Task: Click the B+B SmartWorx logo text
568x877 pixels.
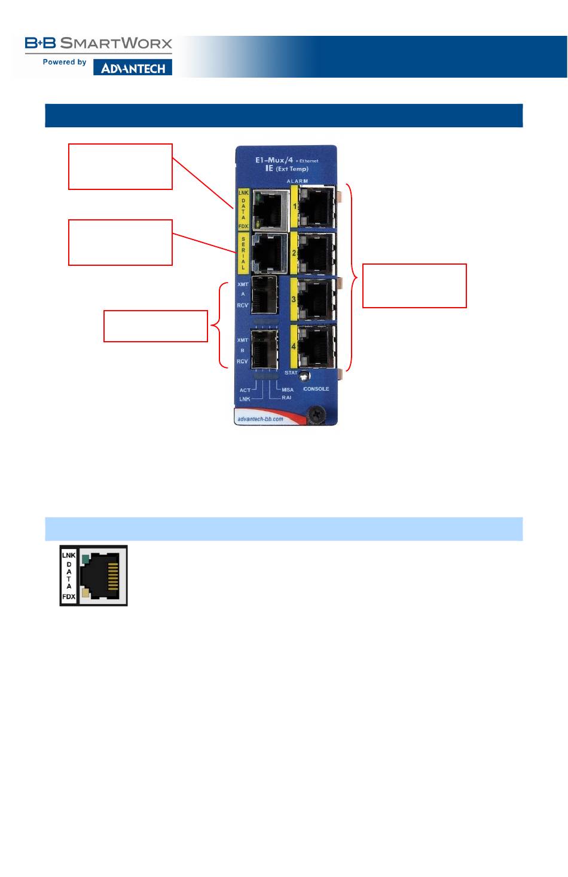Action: pyautogui.click(x=99, y=43)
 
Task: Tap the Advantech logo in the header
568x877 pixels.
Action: pyautogui.click(x=133, y=68)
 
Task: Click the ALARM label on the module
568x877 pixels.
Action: pyautogui.click(x=297, y=181)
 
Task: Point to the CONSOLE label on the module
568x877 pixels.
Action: pyautogui.click(x=316, y=389)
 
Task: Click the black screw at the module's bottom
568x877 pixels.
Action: pyautogui.click(x=317, y=413)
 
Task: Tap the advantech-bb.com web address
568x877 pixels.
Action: pyautogui.click(x=261, y=419)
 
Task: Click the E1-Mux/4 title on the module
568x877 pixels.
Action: pyautogui.click(x=274, y=160)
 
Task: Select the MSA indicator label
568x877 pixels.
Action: pyautogui.click(x=288, y=390)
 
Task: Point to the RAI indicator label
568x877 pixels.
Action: pyautogui.click(x=287, y=398)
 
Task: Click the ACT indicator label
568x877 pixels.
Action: pyautogui.click(x=245, y=390)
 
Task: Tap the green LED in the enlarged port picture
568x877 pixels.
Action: pyautogui.click(x=86, y=559)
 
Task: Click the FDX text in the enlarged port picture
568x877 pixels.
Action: pyautogui.click(x=69, y=597)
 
